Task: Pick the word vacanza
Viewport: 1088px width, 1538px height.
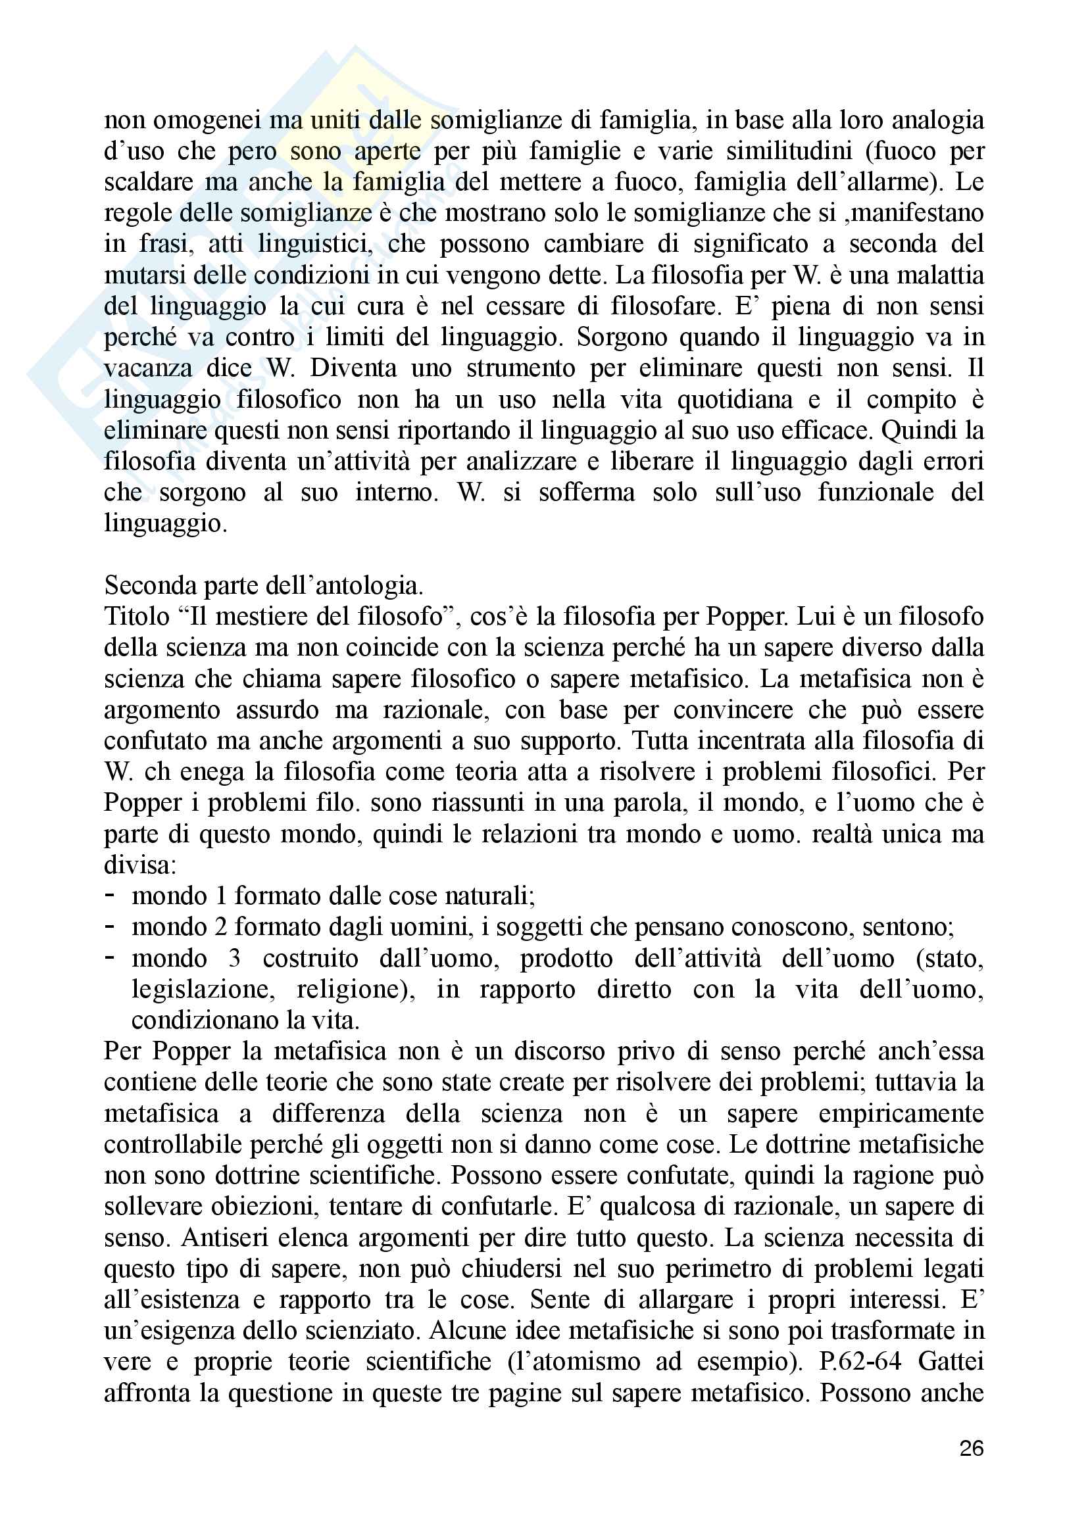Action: (x=148, y=368)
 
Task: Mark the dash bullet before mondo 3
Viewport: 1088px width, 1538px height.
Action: (x=110, y=957)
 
